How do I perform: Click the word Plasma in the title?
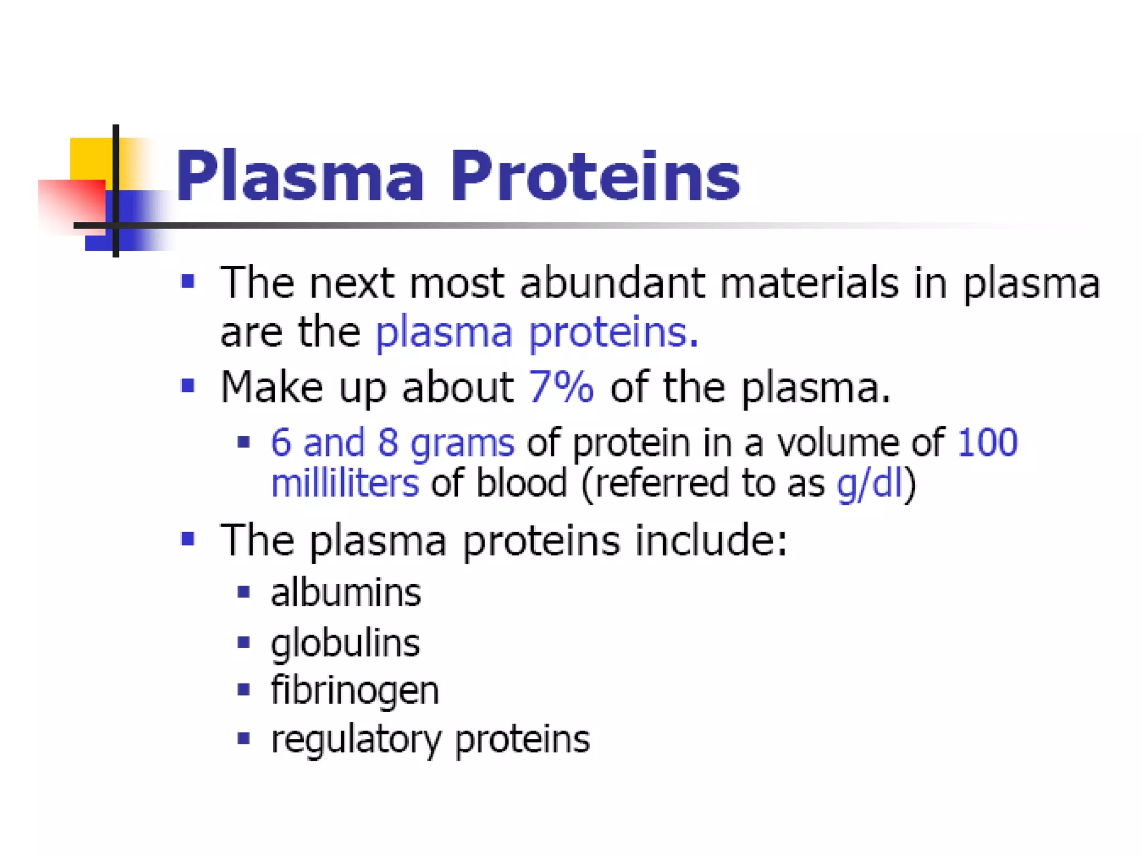point(299,177)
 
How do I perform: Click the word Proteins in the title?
point(595,177)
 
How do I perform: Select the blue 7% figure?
point(561,386)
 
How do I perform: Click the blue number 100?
point(987,442)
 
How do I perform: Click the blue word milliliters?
point(345,483)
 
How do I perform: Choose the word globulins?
point(345,643)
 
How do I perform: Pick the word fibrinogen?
point(355,691)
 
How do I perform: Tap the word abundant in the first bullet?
point(612,283)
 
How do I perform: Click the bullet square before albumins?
point(243,591)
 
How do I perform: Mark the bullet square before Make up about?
point(188,385)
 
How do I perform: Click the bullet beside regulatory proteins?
point(243,738)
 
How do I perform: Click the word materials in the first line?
point(809,283)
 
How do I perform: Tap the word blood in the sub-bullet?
point(521,483)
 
